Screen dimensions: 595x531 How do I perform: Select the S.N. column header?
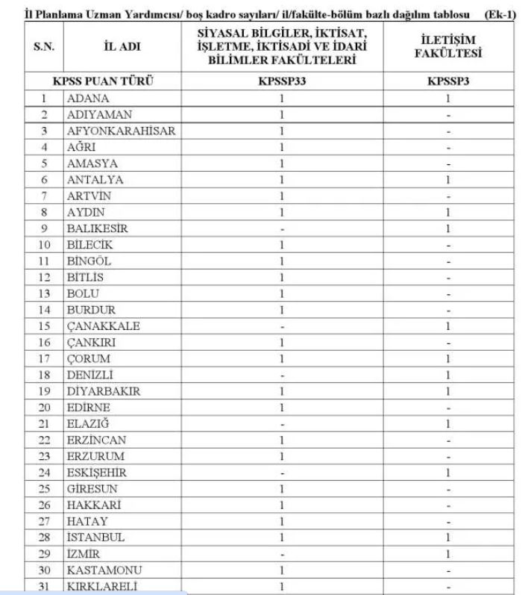tap(43, 47)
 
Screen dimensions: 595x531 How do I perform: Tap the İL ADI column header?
tap(122, 47)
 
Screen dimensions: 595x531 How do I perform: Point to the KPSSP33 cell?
tap(281, 82)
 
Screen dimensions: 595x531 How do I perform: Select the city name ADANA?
tap(88, 99)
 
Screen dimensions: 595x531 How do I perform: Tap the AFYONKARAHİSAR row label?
tap(121, 131)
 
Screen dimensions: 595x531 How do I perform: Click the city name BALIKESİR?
tap(98, 228)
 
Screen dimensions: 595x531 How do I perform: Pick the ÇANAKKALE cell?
tap(103, 326)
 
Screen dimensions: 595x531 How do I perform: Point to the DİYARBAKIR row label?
tap(104, 391)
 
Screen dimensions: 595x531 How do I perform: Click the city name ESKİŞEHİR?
tap(97, 473)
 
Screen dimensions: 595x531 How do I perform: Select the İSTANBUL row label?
tap(95, 538)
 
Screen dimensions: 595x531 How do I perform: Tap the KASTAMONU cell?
tap(101, 570)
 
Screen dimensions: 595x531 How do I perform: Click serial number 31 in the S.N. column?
tap(43, 587)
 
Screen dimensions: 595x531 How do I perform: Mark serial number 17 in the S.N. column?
tap(43, 359)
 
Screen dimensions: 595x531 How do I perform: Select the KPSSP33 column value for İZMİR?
tap(281, 554)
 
